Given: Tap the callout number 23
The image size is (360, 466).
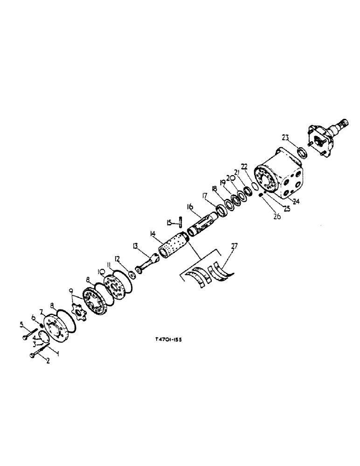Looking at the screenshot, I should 286,137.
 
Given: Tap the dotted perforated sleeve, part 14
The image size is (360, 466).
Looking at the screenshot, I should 172,245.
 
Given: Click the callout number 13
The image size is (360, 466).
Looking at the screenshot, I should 135,246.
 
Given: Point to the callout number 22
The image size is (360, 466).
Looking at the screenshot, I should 243,166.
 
